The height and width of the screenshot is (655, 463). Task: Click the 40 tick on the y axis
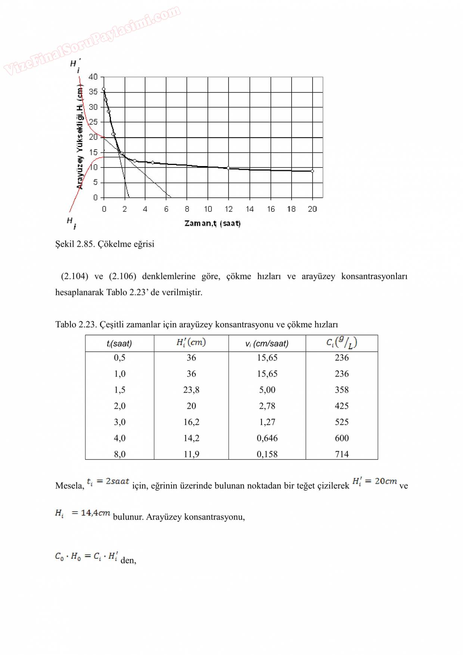coord(93,77)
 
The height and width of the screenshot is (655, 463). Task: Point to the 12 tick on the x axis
coord(229,209)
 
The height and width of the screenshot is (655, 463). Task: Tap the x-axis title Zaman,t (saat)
coord(212,224)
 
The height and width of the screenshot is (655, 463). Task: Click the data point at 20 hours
coord(313,171)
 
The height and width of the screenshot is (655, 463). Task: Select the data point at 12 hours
coord(229,168)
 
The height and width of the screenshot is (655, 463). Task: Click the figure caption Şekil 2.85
coord(105,244)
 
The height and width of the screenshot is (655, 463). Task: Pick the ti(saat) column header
coord(119,343)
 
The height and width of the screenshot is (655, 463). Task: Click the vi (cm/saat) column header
coord(267,343)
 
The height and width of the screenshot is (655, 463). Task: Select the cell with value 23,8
coord(191,390)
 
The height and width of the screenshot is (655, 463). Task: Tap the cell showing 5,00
coord(267,390)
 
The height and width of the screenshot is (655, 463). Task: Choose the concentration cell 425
coord(342,406)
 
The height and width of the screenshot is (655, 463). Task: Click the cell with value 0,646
coord(267,438)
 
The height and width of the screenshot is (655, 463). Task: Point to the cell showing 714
coord(342,454)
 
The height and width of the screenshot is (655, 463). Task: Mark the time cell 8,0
coord(119,454)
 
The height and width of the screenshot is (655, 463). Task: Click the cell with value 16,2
coord(191,422)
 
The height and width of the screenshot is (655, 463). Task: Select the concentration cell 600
coord(342,438)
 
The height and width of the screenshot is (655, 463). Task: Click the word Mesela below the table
coord(69,486)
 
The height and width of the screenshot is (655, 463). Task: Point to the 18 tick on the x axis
coord(291,209)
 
